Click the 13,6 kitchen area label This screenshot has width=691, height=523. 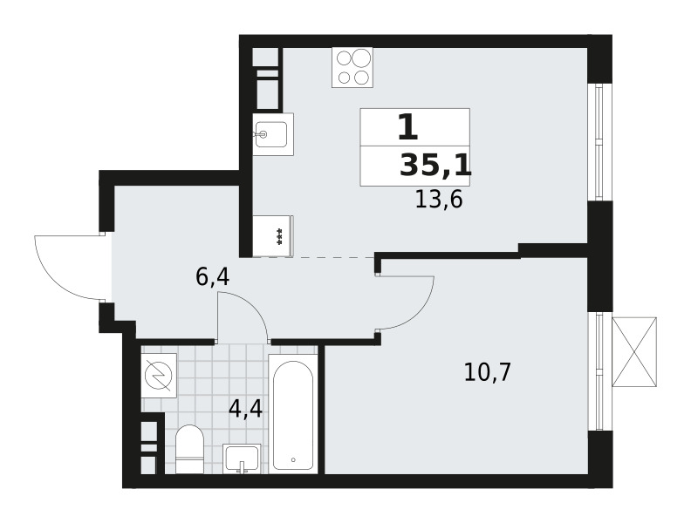[x=439, y=200]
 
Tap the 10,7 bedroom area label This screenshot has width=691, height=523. [x=487, y=372]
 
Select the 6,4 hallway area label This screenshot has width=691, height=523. [x=212, y=277]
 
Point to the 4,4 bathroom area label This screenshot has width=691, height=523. [x=245, y=410]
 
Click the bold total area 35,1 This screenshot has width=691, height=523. [x=435, y=166]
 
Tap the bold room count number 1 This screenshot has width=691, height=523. [x=407, y=126]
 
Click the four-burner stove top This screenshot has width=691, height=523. [x=352, y=67]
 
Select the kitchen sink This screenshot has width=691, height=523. [x=273, y=134]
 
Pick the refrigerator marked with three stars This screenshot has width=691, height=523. [x=273, y=235]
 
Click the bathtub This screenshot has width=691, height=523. [x=293, y=415]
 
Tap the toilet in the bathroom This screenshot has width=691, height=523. [x=189, y=449]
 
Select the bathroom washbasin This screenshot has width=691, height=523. [x=242, y=458]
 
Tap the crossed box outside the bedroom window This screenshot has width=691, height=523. [x=634, y=352]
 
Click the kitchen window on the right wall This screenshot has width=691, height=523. [x=599, y=142]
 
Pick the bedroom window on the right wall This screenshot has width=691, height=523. [x=599, y=371]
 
